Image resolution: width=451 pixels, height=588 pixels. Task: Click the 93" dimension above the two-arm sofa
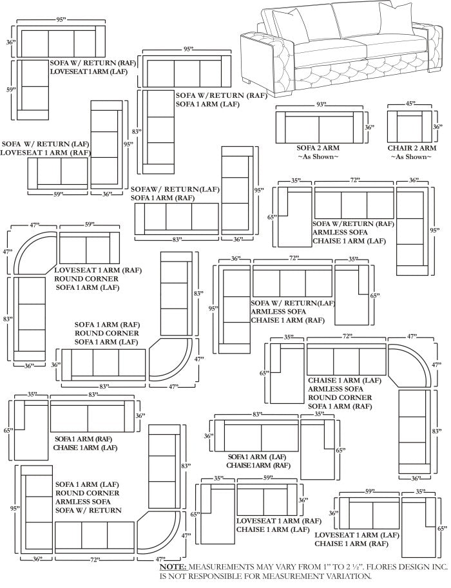point(321,104)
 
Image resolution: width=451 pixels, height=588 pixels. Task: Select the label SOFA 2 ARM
point(318,147)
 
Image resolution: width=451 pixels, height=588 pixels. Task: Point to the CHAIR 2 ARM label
point(410,147)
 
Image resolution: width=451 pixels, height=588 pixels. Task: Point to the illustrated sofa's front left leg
point(250,80)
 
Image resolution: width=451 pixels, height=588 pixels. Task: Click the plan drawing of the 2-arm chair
point(410,128)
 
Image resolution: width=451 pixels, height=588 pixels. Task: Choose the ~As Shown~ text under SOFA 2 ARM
point(318,156)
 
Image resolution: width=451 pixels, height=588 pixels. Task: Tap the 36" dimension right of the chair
point(438,127)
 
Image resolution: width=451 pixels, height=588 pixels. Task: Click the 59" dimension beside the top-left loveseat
point(11,90)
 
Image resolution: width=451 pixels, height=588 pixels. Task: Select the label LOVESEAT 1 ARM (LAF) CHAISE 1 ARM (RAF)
point(353,539)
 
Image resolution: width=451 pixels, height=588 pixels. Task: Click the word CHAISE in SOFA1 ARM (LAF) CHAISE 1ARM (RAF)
point(240,464)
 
